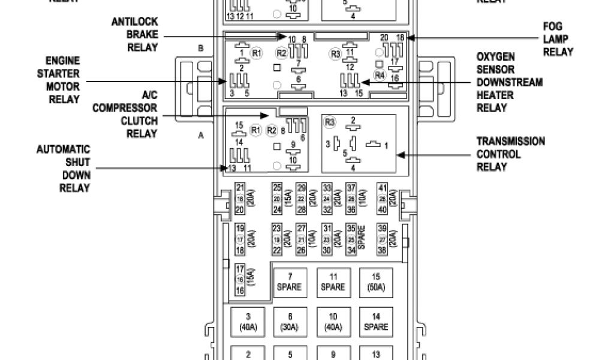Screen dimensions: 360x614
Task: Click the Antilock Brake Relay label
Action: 135,35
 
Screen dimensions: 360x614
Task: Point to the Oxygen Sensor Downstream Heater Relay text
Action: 509,82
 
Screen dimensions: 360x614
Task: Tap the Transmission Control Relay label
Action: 510,154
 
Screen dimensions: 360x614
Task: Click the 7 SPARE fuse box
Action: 291,282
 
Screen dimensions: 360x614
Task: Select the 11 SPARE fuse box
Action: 333,282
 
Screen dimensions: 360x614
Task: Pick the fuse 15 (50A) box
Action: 376,282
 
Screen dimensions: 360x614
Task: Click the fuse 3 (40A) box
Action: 248,322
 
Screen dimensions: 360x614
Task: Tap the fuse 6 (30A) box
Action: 291,322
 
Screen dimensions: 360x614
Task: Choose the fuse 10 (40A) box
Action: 333,322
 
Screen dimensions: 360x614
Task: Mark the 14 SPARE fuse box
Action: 376,322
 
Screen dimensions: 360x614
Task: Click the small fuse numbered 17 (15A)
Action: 241,280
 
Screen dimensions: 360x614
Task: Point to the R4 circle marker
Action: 379,75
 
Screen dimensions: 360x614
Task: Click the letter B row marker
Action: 201,48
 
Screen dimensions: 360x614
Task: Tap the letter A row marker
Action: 201,136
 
